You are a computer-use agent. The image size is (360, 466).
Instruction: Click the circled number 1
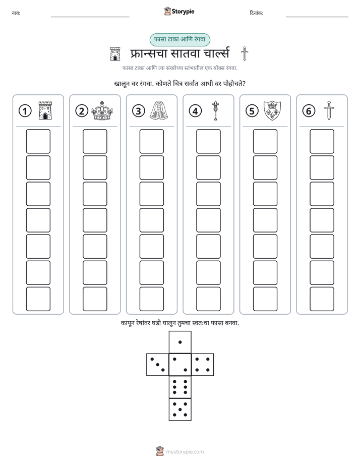(x=25, y=111)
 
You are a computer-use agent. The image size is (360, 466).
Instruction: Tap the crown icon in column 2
(x=102, y=110)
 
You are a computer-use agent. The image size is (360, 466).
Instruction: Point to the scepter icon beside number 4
(x=215, y=110)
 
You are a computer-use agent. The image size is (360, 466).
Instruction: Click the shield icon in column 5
(x=272, y=110)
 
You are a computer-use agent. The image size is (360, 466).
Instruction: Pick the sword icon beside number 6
(x=329, y=110)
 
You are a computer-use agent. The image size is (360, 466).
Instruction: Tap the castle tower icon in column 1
(x=45, y=110)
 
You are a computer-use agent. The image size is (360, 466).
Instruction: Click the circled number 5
(x=252, y=111)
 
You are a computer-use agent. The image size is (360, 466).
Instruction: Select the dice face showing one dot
(x=180, y=342)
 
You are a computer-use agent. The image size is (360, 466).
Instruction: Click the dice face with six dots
(x=180, y=387)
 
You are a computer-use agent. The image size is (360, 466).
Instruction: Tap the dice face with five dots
(x=180, y=410)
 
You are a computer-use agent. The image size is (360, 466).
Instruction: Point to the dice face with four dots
(x=203, y=365)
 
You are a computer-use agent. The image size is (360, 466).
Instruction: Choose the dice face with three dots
(x=157, y=365)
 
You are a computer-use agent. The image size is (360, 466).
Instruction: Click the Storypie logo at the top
(x=179, y=12)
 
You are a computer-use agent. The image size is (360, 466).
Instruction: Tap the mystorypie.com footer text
(x=185, y=452)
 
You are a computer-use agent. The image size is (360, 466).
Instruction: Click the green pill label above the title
(x=179, y=40)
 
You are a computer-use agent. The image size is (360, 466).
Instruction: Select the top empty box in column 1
(x=38, y=141)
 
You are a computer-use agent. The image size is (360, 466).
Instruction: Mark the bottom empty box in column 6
(x=322, y=299)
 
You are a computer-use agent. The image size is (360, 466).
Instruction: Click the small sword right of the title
(x=245, y=54)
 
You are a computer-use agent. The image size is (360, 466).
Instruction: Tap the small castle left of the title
(x=115, y=54)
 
